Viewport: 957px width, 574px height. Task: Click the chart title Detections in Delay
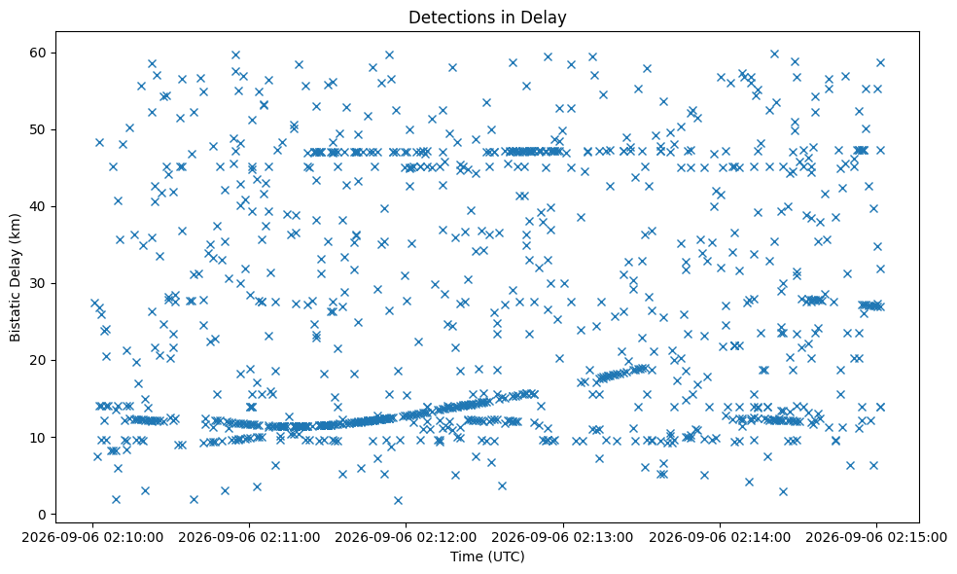[487, 18]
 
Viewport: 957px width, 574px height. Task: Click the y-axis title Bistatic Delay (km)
[16, 277]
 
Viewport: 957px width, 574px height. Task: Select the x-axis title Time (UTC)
[487, 556]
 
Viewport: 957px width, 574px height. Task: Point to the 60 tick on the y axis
[39, 53]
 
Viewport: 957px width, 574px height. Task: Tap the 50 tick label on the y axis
[39, 129]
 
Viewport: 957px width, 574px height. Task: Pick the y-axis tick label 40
[39, 206]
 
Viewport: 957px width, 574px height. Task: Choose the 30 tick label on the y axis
[39, 283]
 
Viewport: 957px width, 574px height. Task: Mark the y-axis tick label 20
[39, 360]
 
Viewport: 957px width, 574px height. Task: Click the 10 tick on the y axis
[39, 437]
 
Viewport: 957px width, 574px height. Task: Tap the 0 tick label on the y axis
[44, 514]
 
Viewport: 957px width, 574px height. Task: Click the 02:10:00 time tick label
[92, 538]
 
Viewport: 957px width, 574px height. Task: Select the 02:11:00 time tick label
[249, 538]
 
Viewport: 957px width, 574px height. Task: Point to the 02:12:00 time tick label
[406, 538]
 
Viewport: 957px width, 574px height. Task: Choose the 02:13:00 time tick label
[563, 538]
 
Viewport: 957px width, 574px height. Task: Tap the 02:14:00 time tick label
[720, 538]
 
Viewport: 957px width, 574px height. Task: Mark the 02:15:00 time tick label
[876, 538]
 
